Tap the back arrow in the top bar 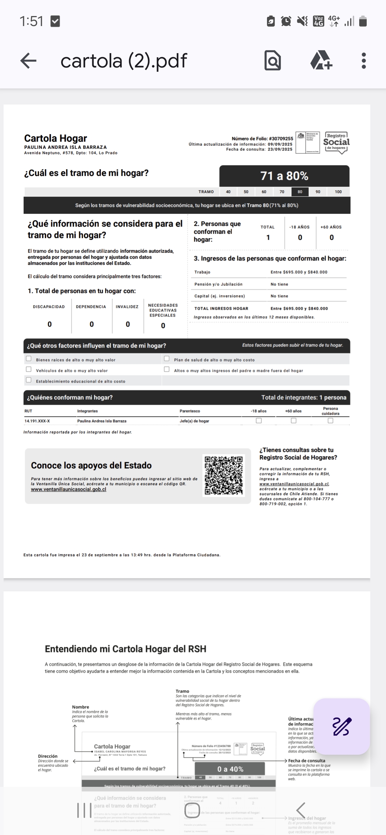pos(29,61)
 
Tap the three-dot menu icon pos(363,61)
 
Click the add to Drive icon pos(321,60)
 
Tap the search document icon pos(272,61)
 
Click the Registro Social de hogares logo pos(336,143)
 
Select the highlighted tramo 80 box pos(300,192)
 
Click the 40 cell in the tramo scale pos(228,192)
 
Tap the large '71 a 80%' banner pos(284,176)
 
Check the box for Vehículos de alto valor pos(29,369)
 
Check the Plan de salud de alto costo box pos(167,359)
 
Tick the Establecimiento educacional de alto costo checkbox pos(29,380)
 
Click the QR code pos(224,476)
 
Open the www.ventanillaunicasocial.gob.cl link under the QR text pos(69,489)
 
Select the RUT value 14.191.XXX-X pos(37,421)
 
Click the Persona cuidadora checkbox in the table pos(330,421)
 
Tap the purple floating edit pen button pos(342,727)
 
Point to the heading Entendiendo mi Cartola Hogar pos(125,649)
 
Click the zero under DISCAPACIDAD pos(50,324)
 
